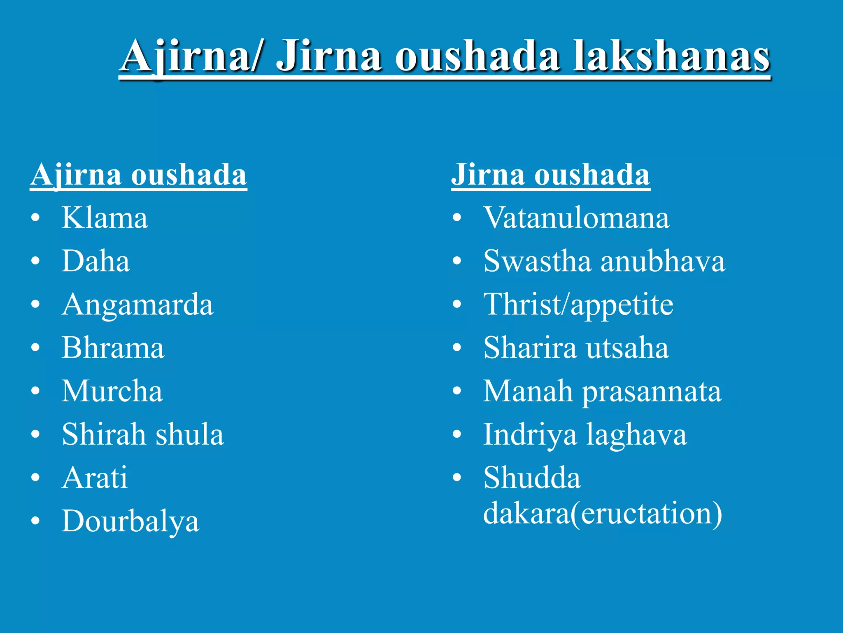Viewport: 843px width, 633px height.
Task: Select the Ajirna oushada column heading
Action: [x=138, y=175]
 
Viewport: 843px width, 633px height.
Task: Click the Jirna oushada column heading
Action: [x=550, y=175]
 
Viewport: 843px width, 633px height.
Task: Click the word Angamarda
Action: [x=137, y=305]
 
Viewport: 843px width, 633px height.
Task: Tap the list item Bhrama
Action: [x=113, y=348]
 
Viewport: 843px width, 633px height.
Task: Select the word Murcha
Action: [x=112, y=391]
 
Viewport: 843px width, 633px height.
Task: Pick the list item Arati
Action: [x=95, y=478]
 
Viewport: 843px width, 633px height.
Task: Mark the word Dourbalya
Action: [x=130, y=522]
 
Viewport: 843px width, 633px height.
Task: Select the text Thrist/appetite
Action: [x=578, y=305]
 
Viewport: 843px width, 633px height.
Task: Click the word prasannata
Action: [x=652, y=392]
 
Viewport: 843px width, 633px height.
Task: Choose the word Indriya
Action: [x=530, y=435]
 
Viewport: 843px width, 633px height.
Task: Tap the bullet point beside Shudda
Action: [x=456, y=478]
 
